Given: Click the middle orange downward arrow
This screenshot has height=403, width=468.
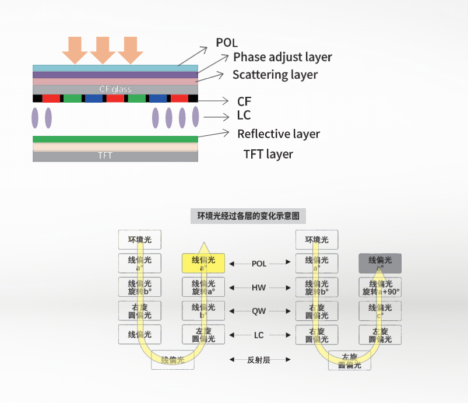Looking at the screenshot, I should [x=103, y=49].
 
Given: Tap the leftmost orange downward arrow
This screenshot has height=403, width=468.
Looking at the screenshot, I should [x=75, y=49].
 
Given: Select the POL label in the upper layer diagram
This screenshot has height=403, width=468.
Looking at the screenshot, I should [x=227, y=43].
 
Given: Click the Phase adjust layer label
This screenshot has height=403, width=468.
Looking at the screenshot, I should [x=282, y=57].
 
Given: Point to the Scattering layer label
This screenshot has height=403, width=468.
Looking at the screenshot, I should [x=275, y=75].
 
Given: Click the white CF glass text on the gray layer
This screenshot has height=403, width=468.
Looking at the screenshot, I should [x=115, y=89].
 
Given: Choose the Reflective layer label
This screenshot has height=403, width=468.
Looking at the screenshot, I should [x=279, y=134].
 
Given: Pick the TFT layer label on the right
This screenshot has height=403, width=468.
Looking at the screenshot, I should [x=268, y=154].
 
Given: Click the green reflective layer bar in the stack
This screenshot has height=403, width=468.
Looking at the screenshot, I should [x=115, y=139].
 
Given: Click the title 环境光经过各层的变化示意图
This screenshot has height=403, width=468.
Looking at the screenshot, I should [x=248, y=216].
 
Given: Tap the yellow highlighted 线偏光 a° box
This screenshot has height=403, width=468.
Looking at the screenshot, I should [x=203, y=264].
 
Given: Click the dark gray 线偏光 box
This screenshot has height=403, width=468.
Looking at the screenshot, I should [x=379, y=264].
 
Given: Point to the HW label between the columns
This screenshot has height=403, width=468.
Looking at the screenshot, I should [x=259, y=288].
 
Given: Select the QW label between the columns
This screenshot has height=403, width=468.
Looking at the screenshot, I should [x=259, y=311].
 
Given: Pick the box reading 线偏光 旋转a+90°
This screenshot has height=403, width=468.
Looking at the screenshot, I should [x=379, y=288].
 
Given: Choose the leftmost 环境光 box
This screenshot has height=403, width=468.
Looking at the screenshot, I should [x=140, y=240].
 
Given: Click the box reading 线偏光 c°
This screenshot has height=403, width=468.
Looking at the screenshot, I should [x=379, y=311].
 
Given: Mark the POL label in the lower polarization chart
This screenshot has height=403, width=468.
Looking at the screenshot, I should [x=259, y=264].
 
